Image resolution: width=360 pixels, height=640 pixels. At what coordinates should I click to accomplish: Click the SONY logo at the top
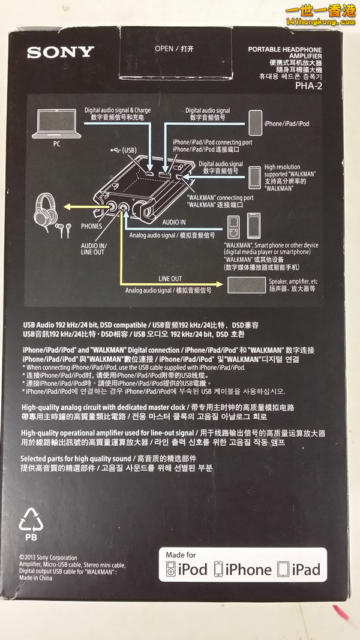point(60,52)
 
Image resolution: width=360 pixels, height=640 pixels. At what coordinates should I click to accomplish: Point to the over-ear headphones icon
point(49,206)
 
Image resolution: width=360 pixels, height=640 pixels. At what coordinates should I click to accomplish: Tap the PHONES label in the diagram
point(92,227)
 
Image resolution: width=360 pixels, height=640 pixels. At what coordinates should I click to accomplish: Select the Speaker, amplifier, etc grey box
point(246,284)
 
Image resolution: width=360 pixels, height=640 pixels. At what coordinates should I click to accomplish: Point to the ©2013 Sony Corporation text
point(48,557)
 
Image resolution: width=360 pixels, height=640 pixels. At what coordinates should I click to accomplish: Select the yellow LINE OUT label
point(170,279)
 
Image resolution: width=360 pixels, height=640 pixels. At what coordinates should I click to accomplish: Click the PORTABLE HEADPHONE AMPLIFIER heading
point(284,53)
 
